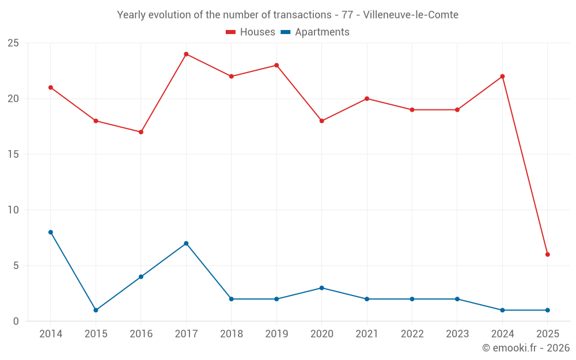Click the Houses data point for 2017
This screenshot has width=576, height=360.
(186, 54)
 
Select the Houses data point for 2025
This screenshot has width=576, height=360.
(547, 255)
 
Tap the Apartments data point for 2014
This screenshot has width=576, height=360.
(51, 232)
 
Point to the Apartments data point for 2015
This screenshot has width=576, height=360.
(96, 310)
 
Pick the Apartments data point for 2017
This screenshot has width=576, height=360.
(186, 243)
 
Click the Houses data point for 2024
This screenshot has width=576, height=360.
(502, 77)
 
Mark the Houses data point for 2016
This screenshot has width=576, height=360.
(141, 132)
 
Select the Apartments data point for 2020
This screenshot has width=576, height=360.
(321, 288)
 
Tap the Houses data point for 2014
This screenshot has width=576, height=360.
(51, 88)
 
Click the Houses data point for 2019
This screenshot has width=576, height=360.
(276, 65)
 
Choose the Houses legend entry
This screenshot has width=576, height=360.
(251, 32)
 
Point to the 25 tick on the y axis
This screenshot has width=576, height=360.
(13, 43)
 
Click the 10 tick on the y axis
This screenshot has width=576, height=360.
(13, 210)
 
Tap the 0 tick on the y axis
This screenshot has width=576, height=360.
(16, 321)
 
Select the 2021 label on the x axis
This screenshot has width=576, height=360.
(367, 334)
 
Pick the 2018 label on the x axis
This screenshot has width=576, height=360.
(231, 334)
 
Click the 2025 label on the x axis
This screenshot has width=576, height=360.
(547, 334)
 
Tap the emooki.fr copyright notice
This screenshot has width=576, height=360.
(526, 348)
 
